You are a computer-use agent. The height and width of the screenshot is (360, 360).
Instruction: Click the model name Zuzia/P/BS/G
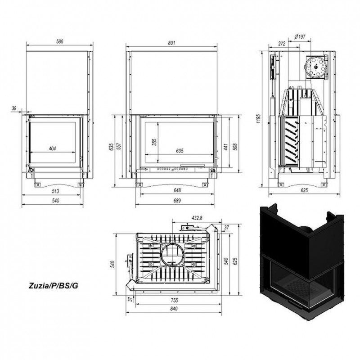click(53, 286)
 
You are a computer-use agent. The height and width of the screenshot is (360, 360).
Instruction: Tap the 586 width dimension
click(60, 41)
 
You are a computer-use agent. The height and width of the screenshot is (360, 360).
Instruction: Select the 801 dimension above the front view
click(171, 43)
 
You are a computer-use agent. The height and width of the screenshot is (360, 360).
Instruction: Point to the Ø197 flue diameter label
click(300, 36)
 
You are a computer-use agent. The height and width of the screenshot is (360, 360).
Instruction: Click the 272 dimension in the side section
click(282, 43)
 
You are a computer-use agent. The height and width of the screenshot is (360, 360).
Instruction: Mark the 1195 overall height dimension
click(259, 118)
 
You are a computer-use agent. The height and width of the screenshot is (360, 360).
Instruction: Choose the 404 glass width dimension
click(52, 148)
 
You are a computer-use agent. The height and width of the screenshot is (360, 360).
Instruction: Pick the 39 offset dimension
click(14, 108)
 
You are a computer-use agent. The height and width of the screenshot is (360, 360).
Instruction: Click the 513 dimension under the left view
click(55, 191)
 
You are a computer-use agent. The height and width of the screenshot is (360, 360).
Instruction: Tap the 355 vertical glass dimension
click(154, 142)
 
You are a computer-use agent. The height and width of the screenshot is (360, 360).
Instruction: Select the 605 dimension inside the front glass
click(180, 151)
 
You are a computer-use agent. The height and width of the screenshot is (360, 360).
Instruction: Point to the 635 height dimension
click(112, 147)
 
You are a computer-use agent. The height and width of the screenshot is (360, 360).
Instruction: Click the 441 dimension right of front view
click(226, 147)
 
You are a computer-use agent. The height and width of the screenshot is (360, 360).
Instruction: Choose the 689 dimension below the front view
click(177, 200)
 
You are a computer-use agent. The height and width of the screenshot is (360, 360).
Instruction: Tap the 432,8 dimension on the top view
click(197, 218)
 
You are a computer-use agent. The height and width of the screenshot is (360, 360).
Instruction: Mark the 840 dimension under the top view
click(174, 309)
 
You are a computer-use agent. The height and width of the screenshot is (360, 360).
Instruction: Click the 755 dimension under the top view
click(175, 300)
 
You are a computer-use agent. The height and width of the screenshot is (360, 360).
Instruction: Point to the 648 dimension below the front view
click(177, 190)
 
